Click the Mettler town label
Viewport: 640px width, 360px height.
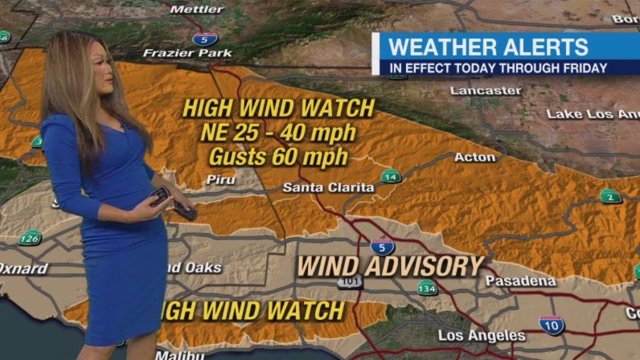[197, 9]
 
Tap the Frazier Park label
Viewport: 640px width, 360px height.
[187, 53]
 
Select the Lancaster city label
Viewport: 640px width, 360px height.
[486, 90]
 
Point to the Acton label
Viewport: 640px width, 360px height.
[474, 157]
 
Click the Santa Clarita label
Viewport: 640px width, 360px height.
[328, 187]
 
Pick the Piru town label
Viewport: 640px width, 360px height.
[221, 179]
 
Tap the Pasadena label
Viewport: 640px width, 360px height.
[521, 281]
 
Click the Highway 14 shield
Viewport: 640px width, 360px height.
[391, 177]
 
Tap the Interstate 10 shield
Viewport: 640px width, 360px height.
[552, 324]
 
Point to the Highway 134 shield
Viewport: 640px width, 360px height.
[427, 288]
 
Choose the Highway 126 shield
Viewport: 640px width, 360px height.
[31, 238]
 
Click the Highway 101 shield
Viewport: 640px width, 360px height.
[351, 282]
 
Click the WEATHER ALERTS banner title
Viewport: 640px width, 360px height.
[489, 47]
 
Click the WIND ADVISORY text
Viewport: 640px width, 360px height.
[391, 266]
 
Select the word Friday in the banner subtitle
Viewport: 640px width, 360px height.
[585, 68]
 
